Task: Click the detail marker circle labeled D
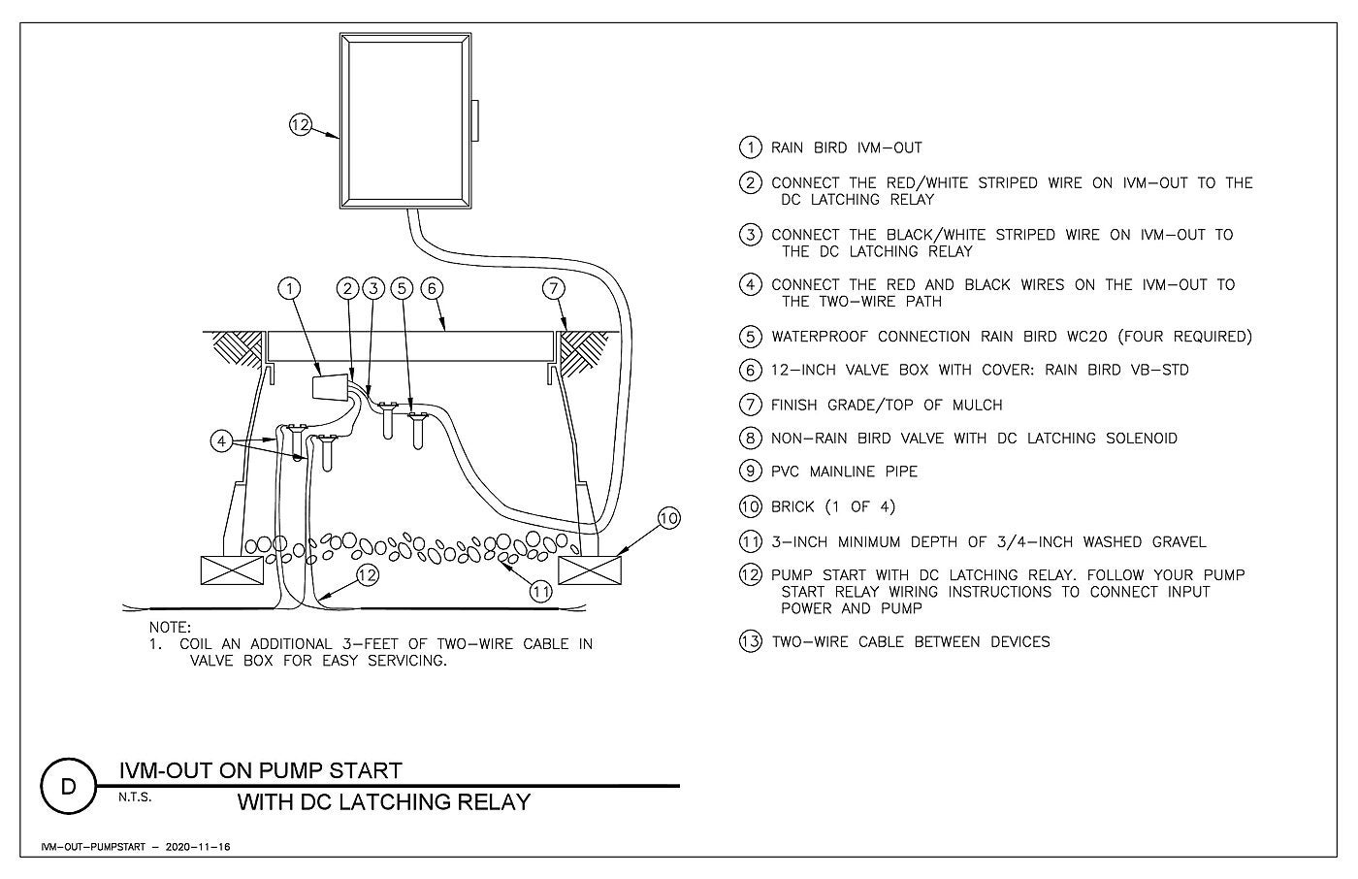[x=69, y=786]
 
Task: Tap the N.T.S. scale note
[x=135, y=798]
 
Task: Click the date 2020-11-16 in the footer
[x=198, y=847]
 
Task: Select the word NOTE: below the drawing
[x=170, y=627]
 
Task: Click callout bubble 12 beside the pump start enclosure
[x=300, y=125]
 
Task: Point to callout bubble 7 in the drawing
[x=554, y=288]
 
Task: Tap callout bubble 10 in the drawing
[x=668, y=518]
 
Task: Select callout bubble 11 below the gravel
[x=541, y=591]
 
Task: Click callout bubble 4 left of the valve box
[x=221, y=441]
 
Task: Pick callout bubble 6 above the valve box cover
[x=432, y=288]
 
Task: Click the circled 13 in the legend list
[x=751, y=641]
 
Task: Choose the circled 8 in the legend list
[x=751, y=438]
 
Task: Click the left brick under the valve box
[x=232, y=570]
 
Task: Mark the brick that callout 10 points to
[x=590, y=570]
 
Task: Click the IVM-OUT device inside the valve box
[x=331, y=387]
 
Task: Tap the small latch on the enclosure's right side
[x=474, y=120]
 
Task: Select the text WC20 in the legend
[x=1087, y=337]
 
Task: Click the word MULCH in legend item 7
[x=978, y=405]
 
